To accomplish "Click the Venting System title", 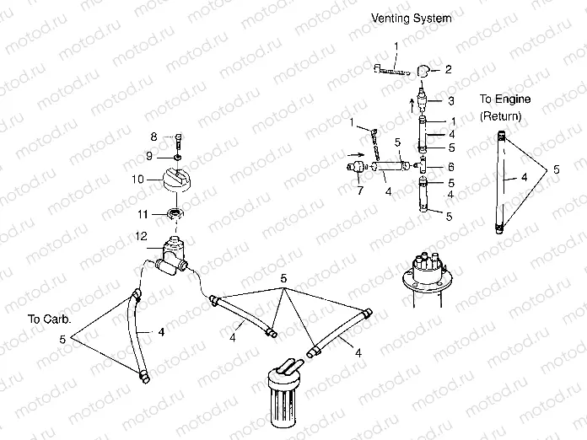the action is click(411, 19).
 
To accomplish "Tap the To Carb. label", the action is click(49, 319).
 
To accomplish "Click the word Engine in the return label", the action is click(513, 99).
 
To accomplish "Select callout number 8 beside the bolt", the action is click(153, 137).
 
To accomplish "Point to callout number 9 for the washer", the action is click(149, 156).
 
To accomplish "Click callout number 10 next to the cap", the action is click(137, 180).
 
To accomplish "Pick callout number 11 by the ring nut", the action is click(143, 214).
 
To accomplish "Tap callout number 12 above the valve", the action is click(141, 237).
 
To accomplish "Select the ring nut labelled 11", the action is click(175, 214).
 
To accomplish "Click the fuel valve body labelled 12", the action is click(171, 256).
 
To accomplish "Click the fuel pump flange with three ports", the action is click(427, 273).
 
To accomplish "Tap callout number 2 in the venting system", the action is click(448, 69).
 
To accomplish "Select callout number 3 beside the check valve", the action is click(451, 100).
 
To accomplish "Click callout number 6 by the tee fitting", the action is click(451, 167).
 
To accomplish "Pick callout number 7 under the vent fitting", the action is click(360, 190).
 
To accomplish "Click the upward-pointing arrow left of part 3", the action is click(412, 105).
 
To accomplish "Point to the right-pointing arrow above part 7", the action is click(355, 154).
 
